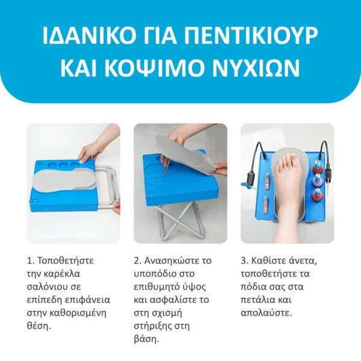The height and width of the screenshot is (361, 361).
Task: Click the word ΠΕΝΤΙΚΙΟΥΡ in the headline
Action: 251,35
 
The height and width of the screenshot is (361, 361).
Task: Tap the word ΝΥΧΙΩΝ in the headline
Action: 256,68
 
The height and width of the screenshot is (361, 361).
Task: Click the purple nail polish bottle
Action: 317,180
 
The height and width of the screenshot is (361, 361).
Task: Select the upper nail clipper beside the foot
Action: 268,181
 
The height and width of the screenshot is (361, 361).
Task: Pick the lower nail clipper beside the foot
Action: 266,205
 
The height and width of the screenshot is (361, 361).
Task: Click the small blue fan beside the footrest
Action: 248,186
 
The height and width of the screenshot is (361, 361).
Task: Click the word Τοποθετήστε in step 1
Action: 66,261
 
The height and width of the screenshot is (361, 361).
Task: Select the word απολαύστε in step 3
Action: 265,313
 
